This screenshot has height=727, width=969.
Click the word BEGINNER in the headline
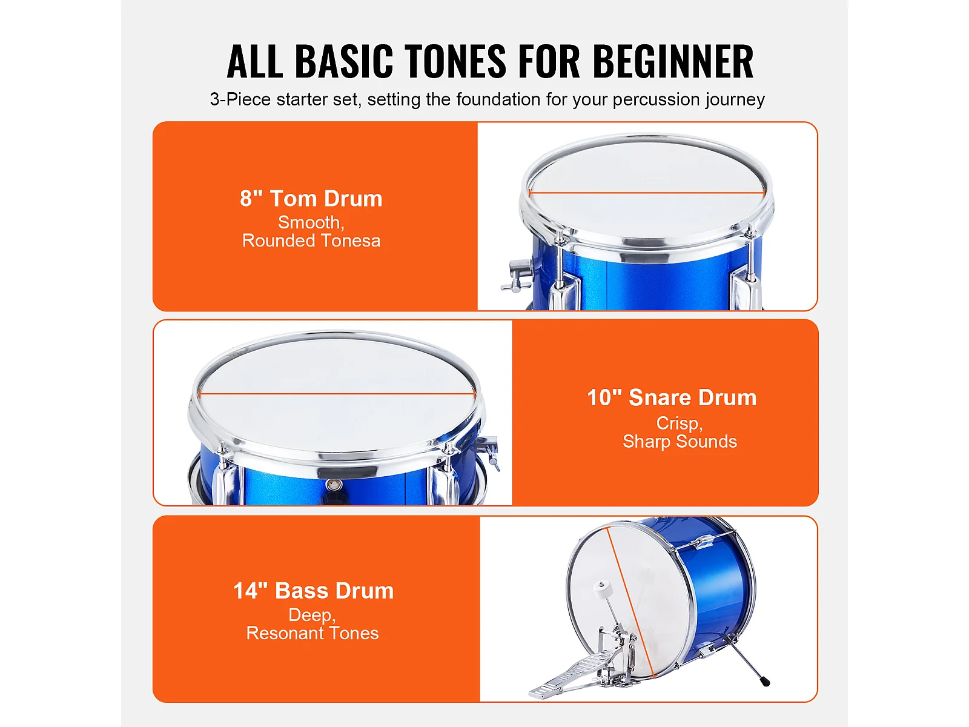point(673,61)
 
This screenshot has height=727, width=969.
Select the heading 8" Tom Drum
point(311,199)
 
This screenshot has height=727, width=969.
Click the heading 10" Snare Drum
point(672,397)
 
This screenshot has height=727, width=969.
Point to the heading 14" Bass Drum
point(314,591)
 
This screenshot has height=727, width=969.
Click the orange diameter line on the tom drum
point(647,193)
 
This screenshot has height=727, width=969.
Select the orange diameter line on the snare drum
point(337,393)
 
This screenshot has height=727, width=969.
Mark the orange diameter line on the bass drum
point(630,603)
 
